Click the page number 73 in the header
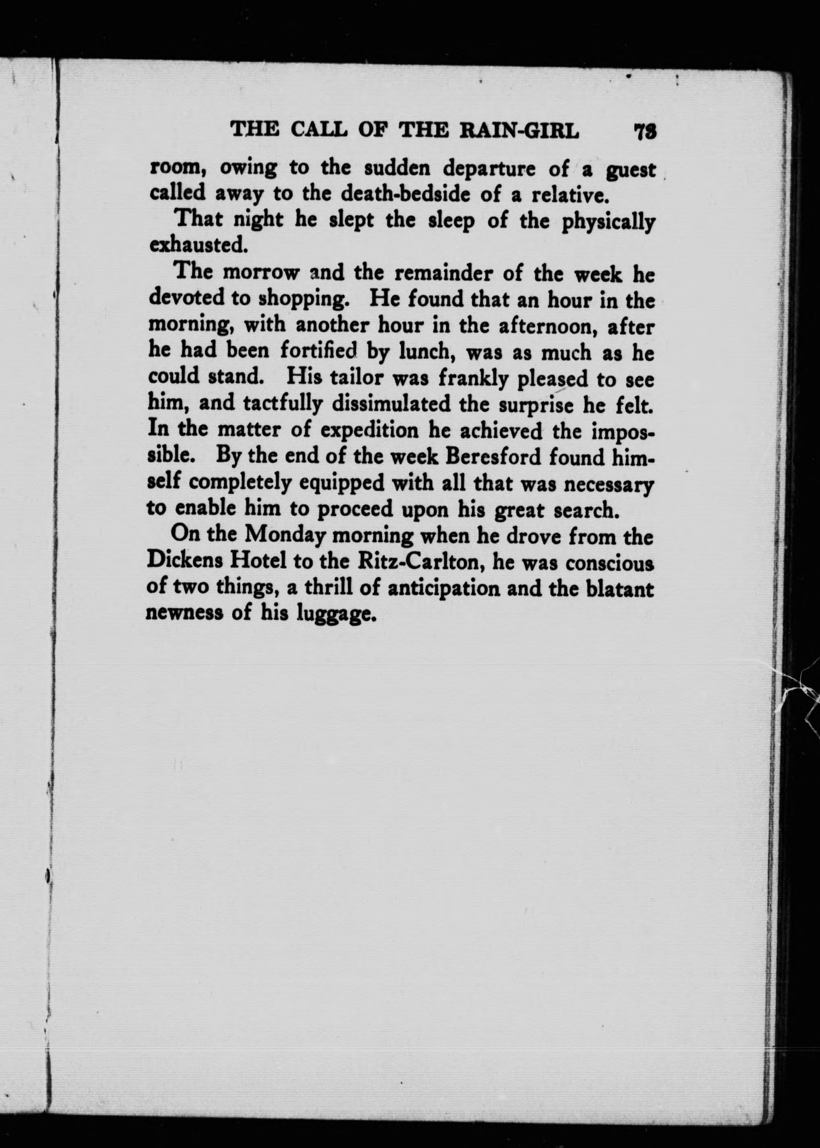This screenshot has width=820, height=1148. pos(645,132)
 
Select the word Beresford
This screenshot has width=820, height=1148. pos(487,458)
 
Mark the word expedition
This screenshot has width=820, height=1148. pos(370,431)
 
